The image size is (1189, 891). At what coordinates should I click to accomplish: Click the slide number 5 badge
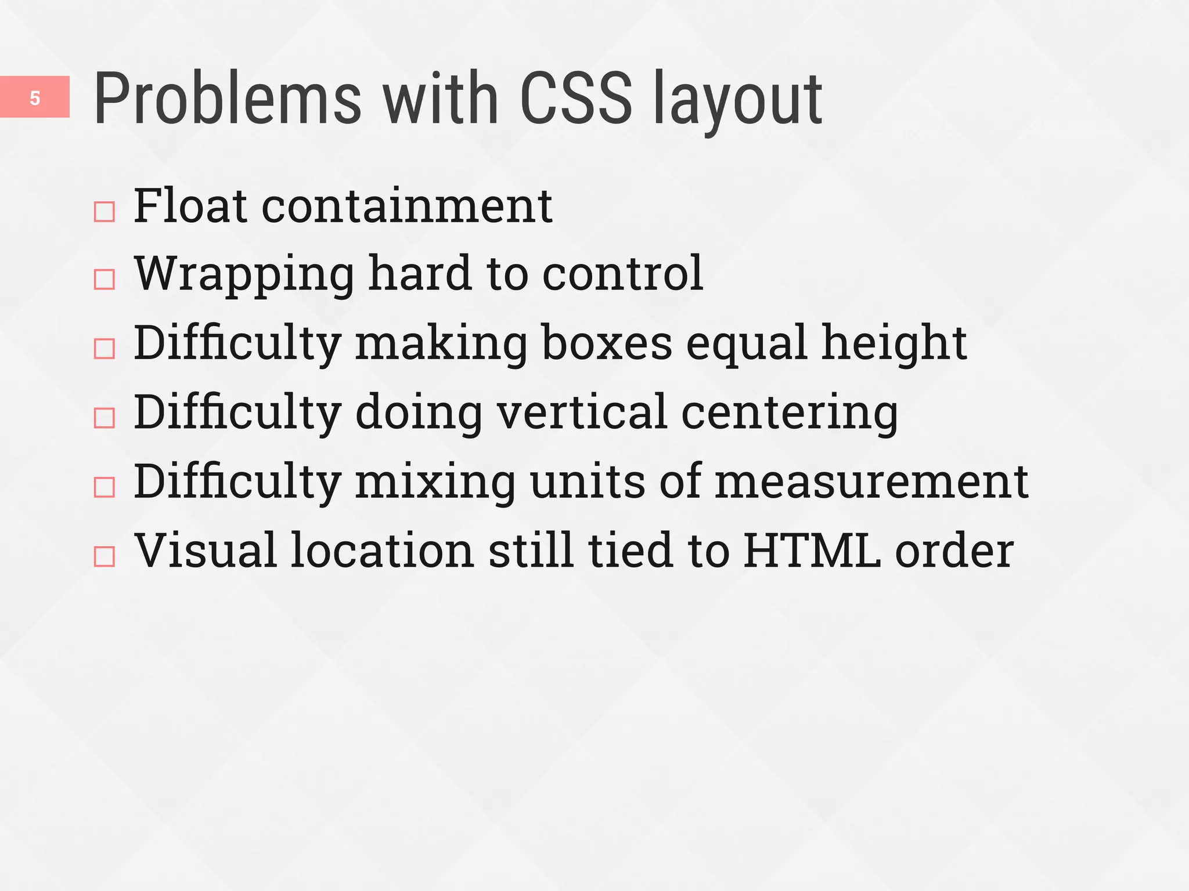35,97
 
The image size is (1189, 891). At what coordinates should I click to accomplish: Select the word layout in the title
737,102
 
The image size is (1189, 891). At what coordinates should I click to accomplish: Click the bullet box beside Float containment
105,212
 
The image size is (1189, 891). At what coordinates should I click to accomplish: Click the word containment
407,207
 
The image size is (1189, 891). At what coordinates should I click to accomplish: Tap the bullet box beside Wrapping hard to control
105,280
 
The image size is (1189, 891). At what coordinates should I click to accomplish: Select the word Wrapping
244,276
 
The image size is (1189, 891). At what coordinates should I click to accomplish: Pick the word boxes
607,343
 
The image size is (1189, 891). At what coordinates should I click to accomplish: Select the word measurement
871,482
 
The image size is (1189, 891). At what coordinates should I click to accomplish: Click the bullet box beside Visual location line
105,556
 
